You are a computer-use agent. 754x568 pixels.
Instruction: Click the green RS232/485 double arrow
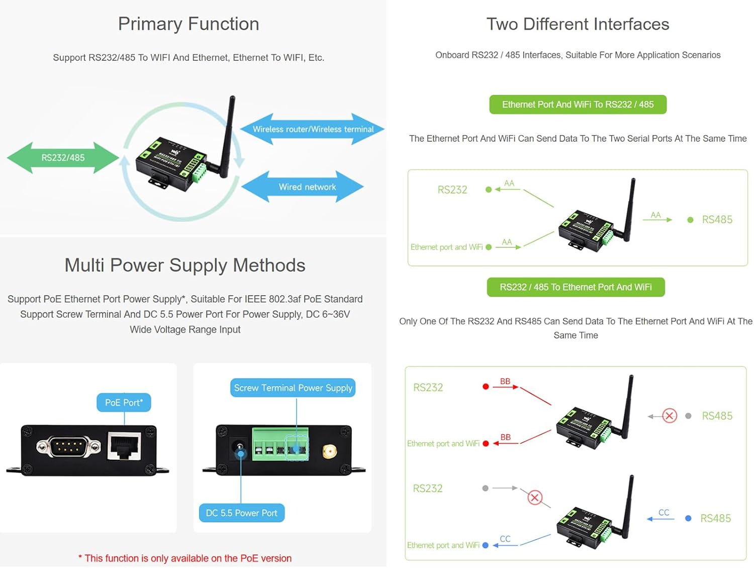click(63, 158)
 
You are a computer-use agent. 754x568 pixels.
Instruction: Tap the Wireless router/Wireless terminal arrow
click(313, 129)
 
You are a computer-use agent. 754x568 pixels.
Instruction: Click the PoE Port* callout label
click(124, 403)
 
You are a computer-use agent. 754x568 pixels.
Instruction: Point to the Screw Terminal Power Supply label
click(293, 388)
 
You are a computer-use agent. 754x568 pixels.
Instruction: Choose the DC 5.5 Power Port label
click(241, 513)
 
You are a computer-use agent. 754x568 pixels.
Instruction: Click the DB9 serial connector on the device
click(68, 446)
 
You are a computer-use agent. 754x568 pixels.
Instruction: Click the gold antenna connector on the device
click(329, 451)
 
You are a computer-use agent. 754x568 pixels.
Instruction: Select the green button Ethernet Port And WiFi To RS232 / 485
click(578, 105)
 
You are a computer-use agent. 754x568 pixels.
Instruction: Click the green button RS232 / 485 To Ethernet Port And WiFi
click(576, 288)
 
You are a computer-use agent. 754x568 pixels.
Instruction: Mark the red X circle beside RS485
click(670, 416)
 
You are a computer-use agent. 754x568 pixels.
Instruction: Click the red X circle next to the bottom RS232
click(535, 498)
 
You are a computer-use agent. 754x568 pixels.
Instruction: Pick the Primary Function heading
click(189, 24)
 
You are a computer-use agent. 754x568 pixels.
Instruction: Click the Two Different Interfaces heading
click(578, 24)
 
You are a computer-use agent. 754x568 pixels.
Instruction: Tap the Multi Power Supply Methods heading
click(185, 265)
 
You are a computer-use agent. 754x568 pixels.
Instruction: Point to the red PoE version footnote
click(185, 558)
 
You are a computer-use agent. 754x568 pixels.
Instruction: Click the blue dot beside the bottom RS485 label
click(688, 518)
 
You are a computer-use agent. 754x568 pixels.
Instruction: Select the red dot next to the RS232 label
click(486, 387)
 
